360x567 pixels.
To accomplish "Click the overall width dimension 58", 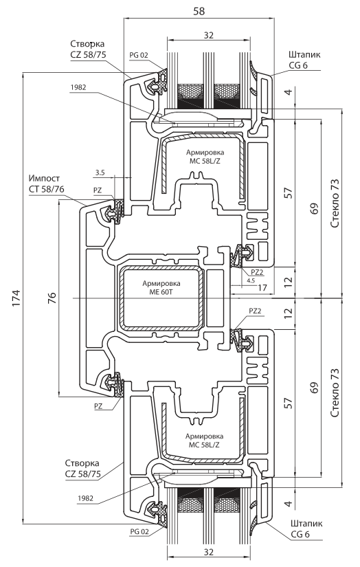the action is click(x=199, y=11).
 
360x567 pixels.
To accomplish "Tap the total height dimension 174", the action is click(x=16, y=298).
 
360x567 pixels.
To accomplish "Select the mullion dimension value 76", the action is click(x=53, y=298).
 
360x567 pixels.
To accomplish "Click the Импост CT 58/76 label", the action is click(x=45, y=184).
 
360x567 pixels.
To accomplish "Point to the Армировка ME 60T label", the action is click(x=161, y=287).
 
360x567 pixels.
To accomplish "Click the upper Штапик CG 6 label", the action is click(x=304, y=60).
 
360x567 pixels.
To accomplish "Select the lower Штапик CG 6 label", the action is click(x=306, y=529).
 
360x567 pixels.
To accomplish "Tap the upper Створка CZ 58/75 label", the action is click(x=87, y=49).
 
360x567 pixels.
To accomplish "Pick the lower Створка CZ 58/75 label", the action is click(x=82, y=468).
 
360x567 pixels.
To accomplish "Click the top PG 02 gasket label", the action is click(x=139, y=55).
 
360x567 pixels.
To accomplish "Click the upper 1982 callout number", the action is click(x=78, y=87).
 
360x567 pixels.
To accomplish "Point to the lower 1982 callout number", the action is click(x=85, y=498).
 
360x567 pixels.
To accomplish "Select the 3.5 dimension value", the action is click(x=100, y=173).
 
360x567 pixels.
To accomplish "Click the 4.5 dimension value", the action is click(x=251, y=280).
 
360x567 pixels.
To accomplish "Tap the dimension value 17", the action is click(x=262, y=287).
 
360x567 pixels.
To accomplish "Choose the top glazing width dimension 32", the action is click(x=209, y=35).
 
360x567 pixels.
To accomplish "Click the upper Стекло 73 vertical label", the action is click(x=335, y=203).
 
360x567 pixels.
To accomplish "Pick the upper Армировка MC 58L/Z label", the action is click(x=205, y=157).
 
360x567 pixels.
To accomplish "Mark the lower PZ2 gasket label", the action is click(x=255, y=311).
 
